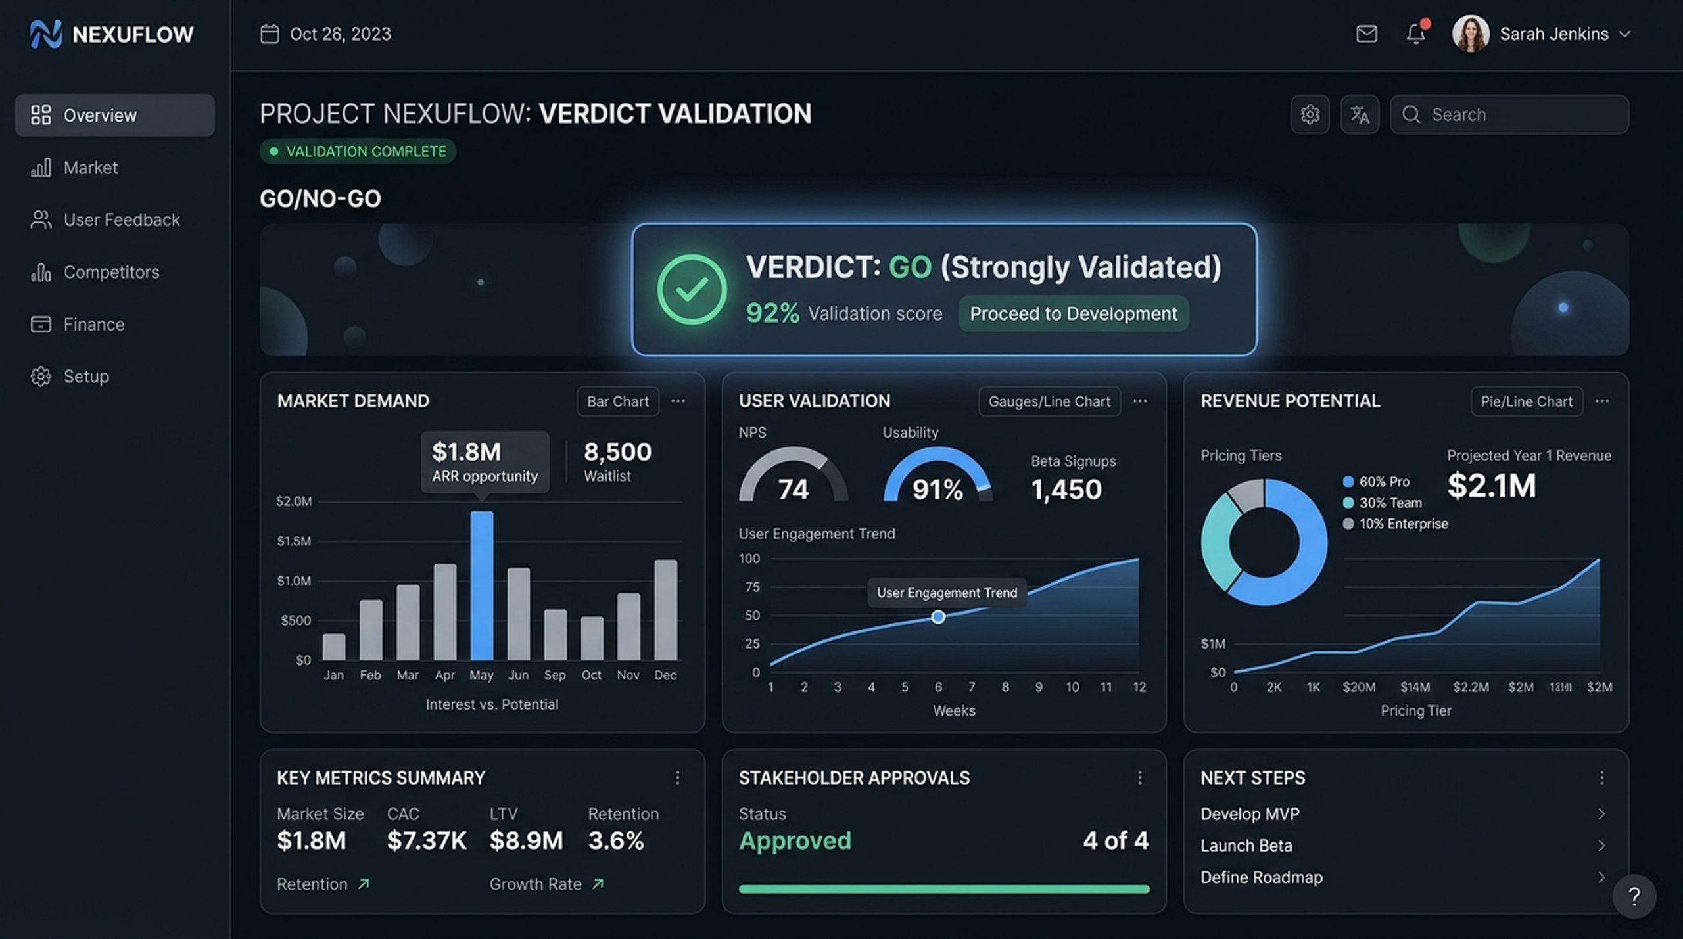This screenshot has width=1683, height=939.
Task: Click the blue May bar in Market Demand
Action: [481, 585]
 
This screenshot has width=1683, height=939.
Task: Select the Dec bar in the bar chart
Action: [665, 610]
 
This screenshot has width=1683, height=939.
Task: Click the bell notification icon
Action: [1416, 34]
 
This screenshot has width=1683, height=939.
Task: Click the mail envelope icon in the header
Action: [1367, 34]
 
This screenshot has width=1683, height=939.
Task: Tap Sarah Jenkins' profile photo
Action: [1471, 34]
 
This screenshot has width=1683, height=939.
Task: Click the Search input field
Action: [1509, 114]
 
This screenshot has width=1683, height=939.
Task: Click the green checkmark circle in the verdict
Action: [692, 289]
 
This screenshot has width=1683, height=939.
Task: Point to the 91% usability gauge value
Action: [937, 490]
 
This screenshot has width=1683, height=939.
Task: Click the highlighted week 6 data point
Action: [938, 617]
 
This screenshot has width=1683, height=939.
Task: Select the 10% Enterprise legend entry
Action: [1396, 524]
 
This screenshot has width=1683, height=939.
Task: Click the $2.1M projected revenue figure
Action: [1492, 486]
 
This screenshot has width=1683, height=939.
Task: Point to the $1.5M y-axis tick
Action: [294, 541]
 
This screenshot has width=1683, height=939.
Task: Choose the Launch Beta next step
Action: [1246, 846]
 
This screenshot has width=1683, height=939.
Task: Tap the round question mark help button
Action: [1634, 896]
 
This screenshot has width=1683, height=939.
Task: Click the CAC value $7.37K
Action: [427, 840]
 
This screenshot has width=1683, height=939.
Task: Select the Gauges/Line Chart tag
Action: [1049, 401]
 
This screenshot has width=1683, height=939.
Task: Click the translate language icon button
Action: [1360, 114]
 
